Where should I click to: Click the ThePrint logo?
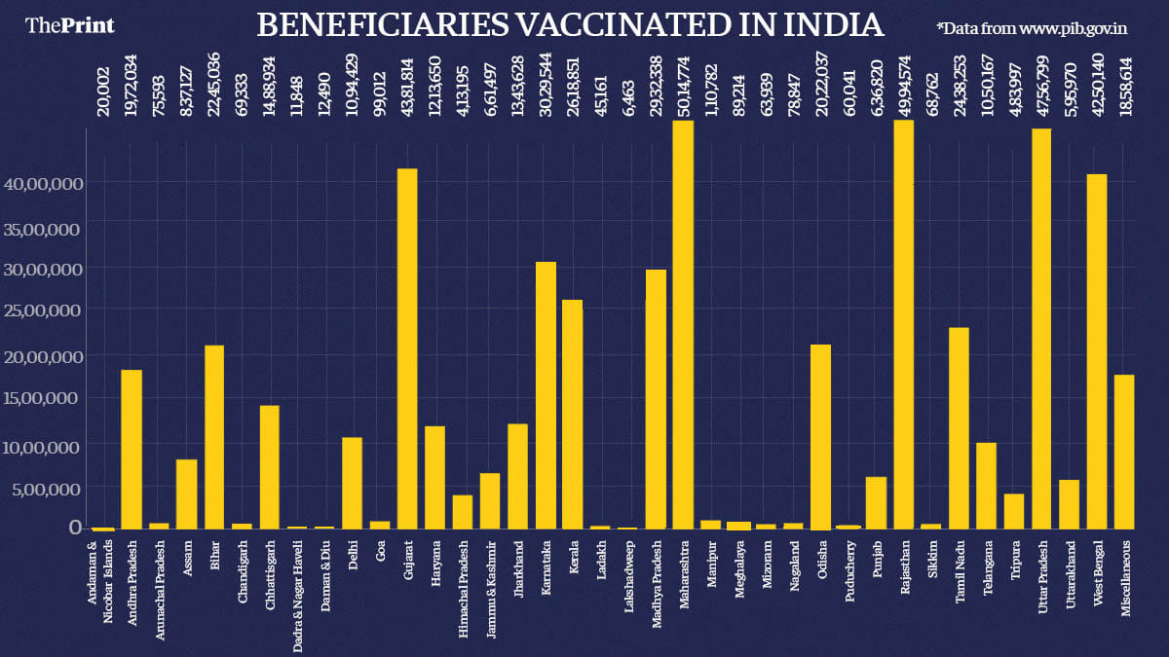coord(69,25)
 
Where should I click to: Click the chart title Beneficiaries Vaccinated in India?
coord(570,25)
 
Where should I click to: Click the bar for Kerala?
coord(573,414)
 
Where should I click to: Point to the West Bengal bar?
coord(1097,351)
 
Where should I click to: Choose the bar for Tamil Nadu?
coord(959,427)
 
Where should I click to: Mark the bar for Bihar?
coord(214,437)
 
